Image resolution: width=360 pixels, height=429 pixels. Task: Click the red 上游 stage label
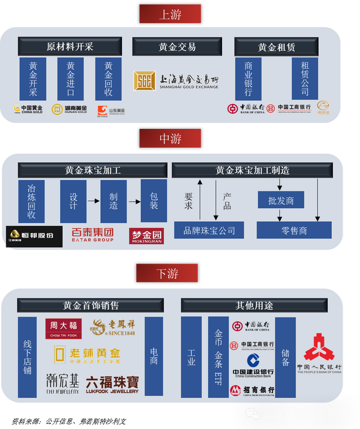170,14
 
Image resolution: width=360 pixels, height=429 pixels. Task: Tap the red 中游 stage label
170,138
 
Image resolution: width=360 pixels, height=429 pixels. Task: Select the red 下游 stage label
167,273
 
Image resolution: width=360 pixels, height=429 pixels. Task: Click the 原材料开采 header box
70,47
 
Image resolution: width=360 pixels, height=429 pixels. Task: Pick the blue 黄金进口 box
70,79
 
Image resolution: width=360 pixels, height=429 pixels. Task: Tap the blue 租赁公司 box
305,79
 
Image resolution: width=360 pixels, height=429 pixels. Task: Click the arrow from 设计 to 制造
93,201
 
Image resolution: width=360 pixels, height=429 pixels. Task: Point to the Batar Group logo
93,234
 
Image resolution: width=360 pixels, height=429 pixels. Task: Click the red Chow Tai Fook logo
64,329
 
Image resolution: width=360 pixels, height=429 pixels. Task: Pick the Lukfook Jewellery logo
112,384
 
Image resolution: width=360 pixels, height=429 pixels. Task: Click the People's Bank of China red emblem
319,347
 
